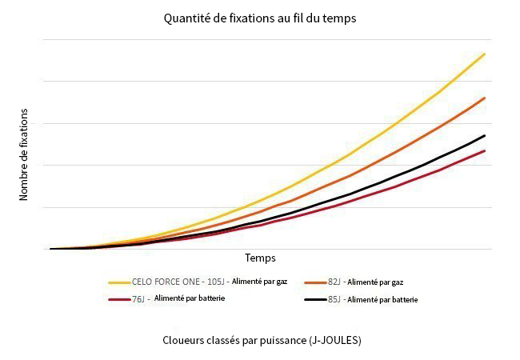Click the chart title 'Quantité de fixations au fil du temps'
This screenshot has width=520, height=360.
tap(260, 17)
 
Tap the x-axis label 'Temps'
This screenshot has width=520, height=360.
tap(260, 258)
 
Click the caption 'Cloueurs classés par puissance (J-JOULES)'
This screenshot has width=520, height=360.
tap(260, 339)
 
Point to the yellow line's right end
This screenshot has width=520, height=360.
tap(485, 54)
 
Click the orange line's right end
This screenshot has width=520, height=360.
tap(485, 98)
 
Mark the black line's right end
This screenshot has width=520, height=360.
tap(485, 135)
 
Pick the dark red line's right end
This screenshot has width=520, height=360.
tap(485, 150)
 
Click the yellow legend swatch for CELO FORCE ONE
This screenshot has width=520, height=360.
tap(119, 282)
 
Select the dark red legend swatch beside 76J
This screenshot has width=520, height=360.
tap(119, 299)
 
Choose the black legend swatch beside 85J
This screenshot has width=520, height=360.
tap(315, 300)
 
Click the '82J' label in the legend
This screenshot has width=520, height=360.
tap(334, 282)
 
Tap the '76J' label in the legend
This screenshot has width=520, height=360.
tap(138, 299)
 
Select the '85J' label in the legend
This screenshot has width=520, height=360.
tap(334, 300)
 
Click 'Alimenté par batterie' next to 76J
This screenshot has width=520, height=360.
tap(190, 298)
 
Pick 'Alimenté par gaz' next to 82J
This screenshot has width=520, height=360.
tap(376, 282)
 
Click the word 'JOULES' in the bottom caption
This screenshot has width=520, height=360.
tap(340, 339)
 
